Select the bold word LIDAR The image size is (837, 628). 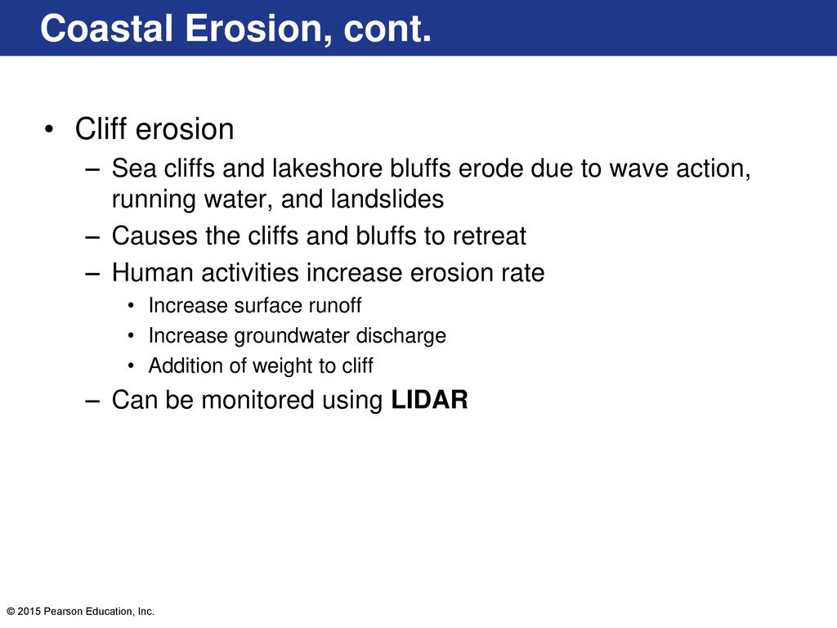coord(429,399)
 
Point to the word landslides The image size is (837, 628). coord(387,199)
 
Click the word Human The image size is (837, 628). coord(153,272)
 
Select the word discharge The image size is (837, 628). coord(401,336)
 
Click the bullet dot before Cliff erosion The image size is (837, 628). coord(49,129)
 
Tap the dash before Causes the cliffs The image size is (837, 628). coord(92,236)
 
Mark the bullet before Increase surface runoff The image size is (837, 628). coord(132,306)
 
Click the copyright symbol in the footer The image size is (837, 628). coord(11,612)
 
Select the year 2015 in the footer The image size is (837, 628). coord(29,612)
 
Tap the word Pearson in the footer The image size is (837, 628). coord(60,612)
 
